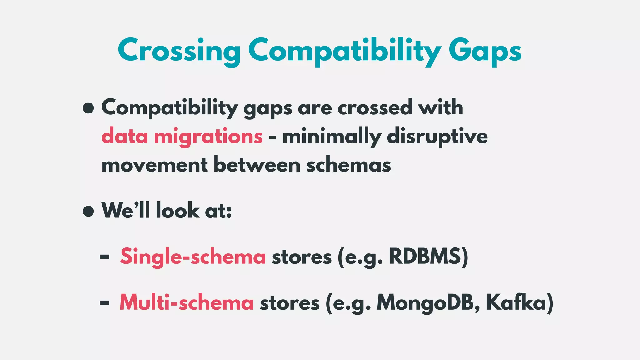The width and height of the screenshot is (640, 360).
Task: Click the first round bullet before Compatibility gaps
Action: pos(88,108)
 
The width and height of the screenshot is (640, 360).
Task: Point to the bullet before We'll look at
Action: pos(88,211)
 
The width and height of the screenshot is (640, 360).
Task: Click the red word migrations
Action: pos(208,137)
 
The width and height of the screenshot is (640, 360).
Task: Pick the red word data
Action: pos(124,137)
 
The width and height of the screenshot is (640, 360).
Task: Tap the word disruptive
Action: pos(437,137)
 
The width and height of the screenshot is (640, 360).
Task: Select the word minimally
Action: pos(332,137)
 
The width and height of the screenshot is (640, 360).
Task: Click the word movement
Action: pos(154,165)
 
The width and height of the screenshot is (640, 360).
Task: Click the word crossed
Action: pos(375,108)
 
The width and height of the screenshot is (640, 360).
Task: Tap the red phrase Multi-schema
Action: pos(187,303)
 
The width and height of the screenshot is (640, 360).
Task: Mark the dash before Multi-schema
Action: pos(104,303)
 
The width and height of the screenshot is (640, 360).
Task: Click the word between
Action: pos(257,165)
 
